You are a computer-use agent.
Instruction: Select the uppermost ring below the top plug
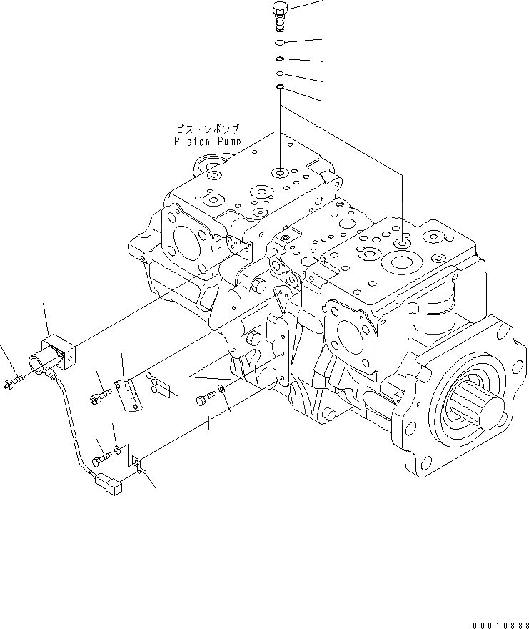281,43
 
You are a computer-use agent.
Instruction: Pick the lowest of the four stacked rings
281,88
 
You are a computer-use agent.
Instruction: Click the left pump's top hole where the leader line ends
281,172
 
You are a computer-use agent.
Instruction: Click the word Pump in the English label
225,141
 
